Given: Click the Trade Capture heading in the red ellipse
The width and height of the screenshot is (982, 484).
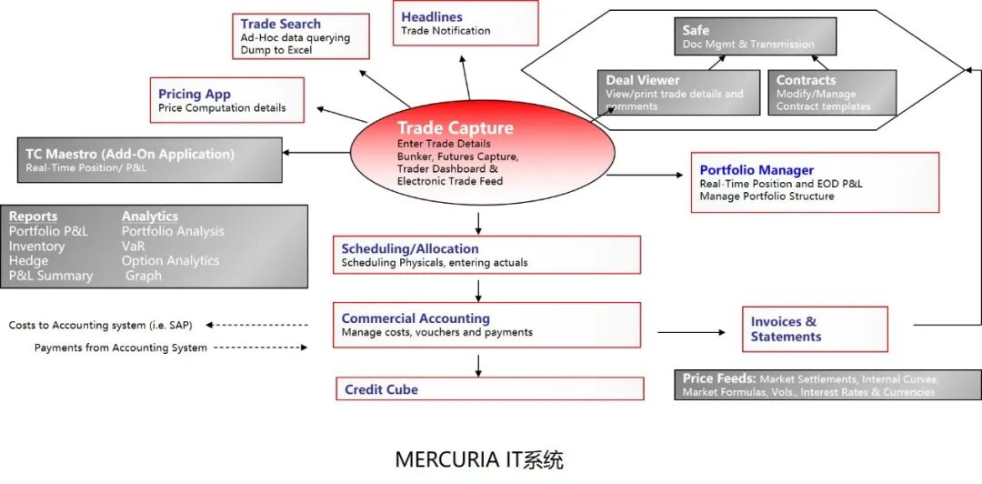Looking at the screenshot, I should (455, 128).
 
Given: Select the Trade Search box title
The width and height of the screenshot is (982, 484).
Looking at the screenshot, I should (280, 24).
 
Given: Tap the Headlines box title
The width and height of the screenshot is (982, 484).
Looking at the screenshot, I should (432, 16).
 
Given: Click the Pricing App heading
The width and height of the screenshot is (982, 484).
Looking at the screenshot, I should (194, 94).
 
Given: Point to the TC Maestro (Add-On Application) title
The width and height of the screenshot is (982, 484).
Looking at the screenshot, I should (129, 154).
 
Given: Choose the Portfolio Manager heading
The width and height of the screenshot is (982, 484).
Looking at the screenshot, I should (757, 169).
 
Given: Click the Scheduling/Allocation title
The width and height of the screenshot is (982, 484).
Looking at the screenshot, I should (409, 248).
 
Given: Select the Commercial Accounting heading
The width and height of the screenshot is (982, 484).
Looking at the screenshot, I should (416, 318).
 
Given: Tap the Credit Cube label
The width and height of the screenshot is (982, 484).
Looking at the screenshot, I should (381, 389).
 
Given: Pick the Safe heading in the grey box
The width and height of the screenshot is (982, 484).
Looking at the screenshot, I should (696, 30).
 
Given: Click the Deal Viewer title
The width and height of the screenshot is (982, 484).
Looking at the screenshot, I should (642, 80).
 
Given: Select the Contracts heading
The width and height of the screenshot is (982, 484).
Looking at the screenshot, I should (806, 80).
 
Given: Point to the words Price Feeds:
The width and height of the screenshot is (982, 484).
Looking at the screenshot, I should (719, 378).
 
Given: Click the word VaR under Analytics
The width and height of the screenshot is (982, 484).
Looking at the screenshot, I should (133, 246).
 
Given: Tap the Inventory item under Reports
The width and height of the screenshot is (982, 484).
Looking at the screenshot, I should (36, 246).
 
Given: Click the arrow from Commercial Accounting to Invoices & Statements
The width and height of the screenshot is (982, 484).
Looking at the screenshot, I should (690, 332).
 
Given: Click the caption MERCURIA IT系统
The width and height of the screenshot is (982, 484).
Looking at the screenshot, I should (479, 459).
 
